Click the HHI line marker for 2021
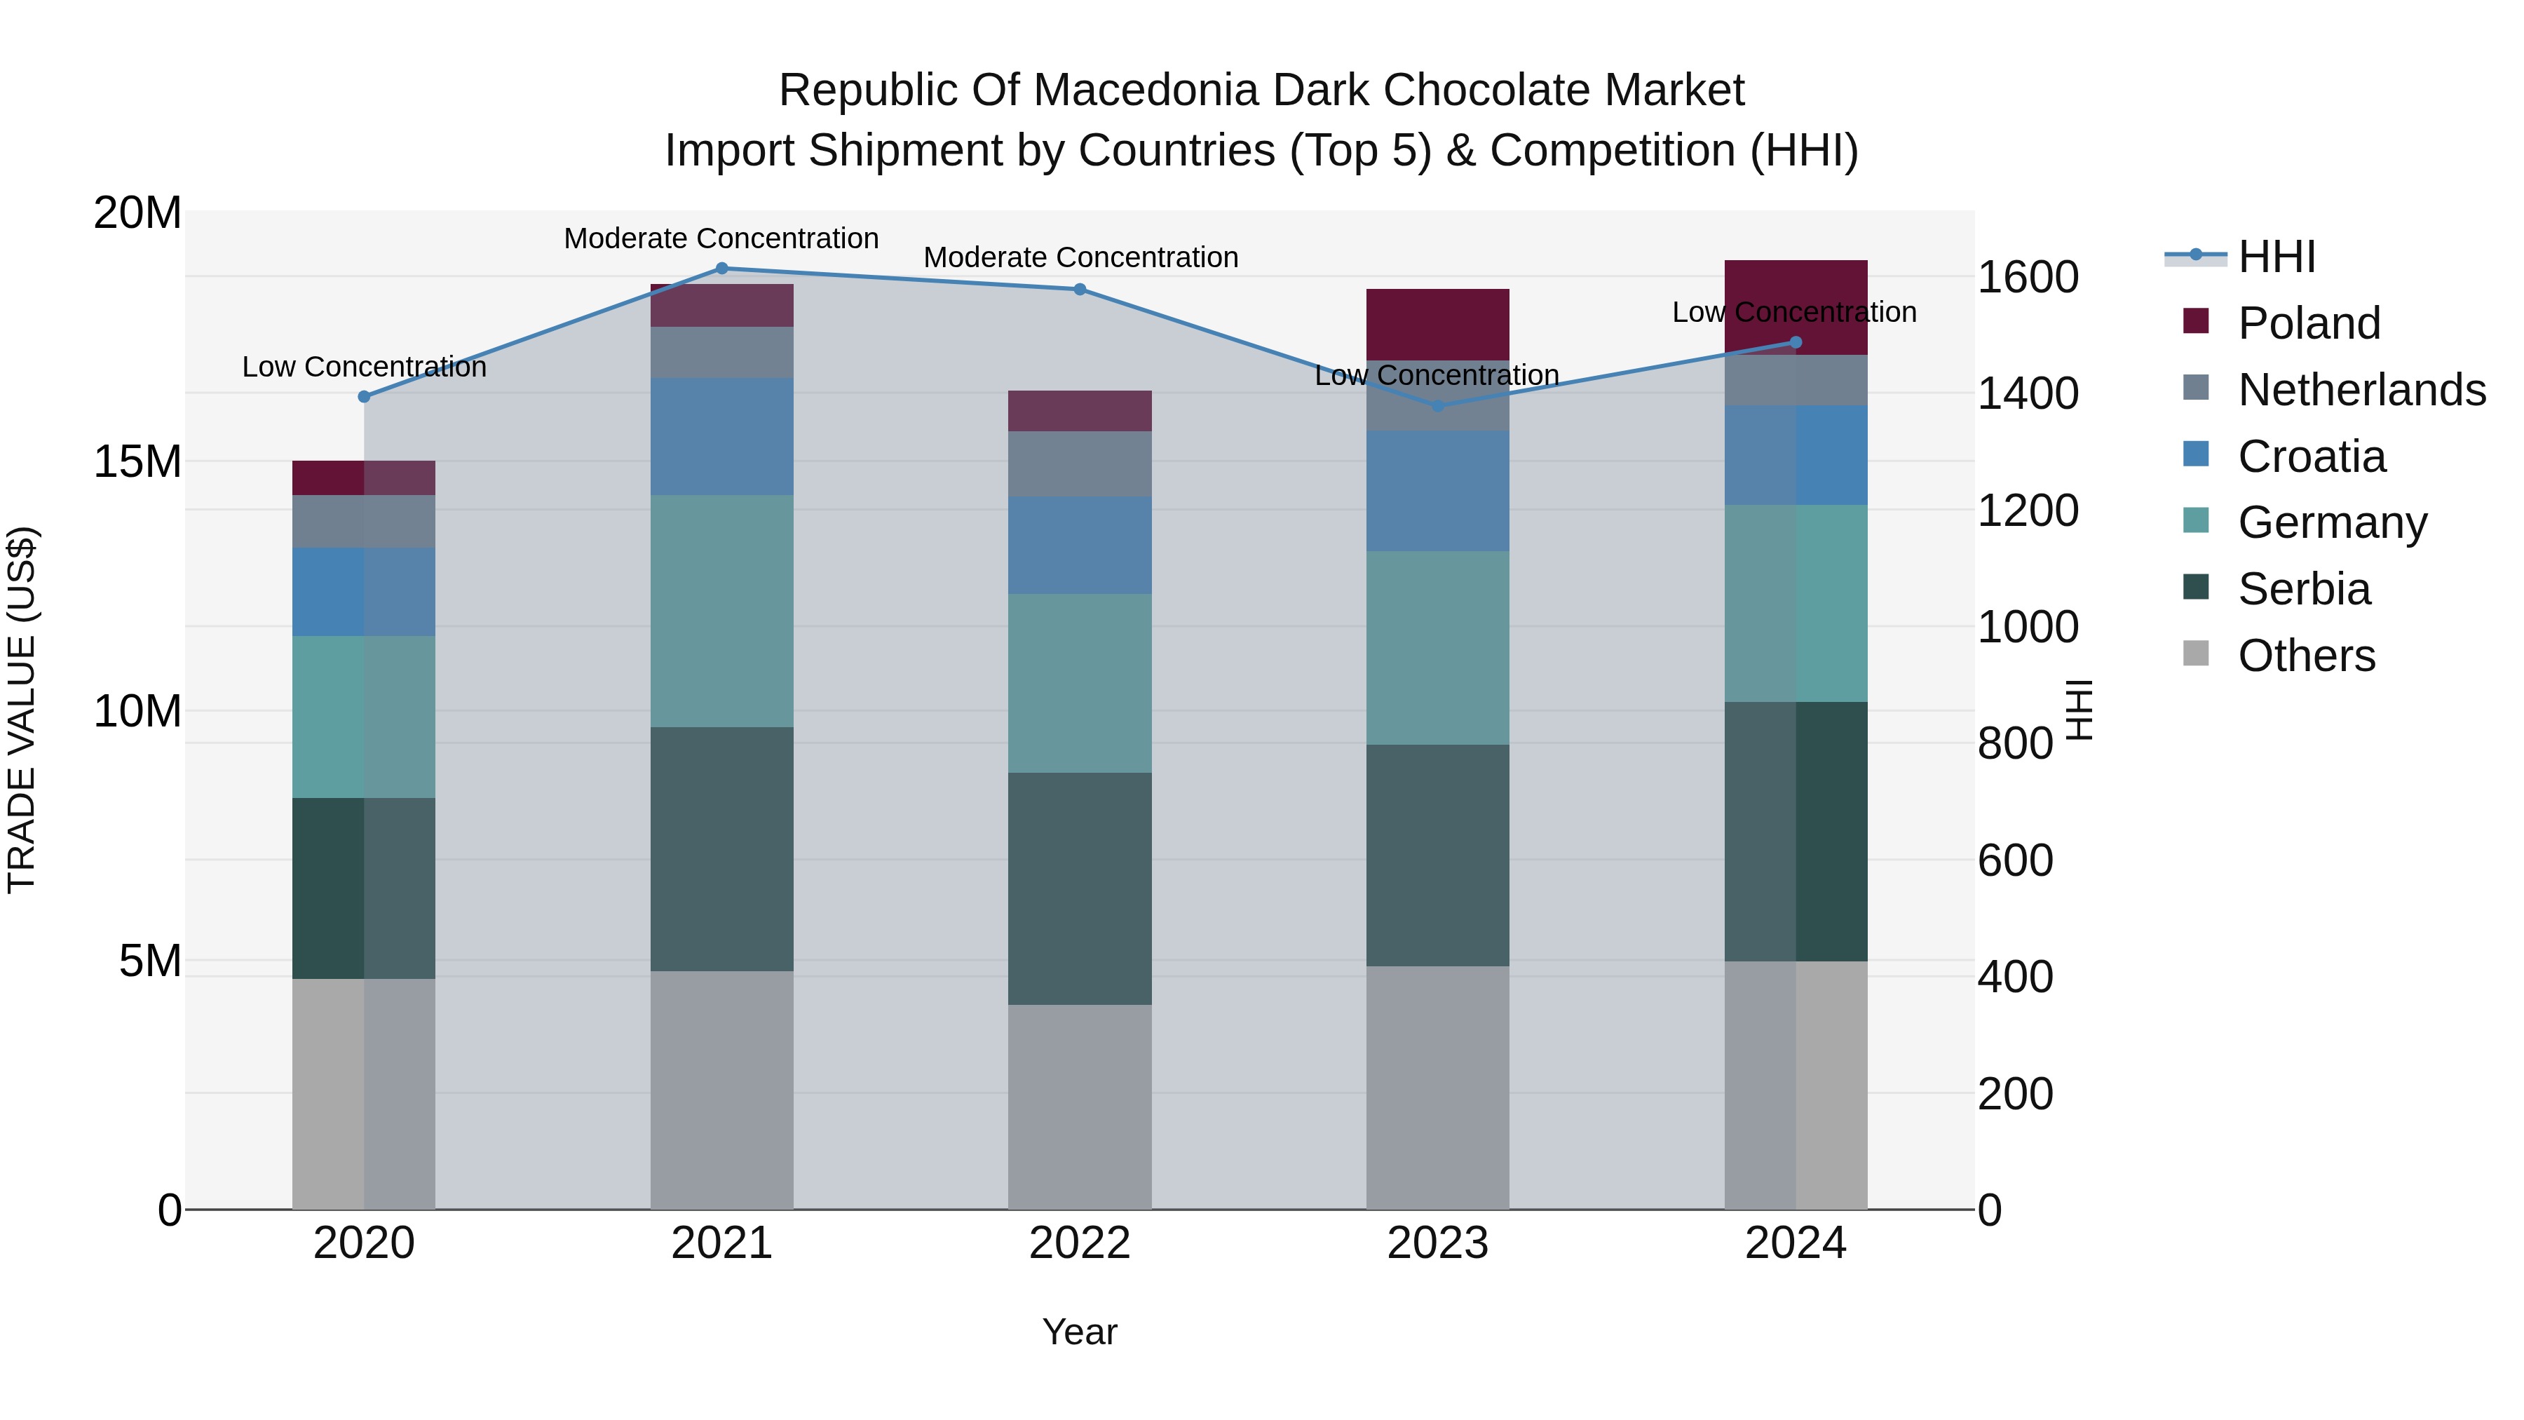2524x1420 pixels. coord(722,269)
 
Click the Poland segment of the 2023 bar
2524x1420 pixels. coord(1437,325)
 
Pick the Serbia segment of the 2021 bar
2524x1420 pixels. coord(722,848)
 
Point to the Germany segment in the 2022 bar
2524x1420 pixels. coord(1080,683)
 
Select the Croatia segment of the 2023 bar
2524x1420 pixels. coord(1437,491)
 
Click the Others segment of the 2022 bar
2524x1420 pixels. coord(1080,1107)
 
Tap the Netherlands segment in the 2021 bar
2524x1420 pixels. coord(722,353)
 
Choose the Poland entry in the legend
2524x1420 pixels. coord(2309,323)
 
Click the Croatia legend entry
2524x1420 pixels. coord(2312,457)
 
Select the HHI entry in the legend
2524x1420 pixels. coord(2276,257)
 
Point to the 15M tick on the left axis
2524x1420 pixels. coord(137,461)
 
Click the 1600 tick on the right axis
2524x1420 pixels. coord(2027,277)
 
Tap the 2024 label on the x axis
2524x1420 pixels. coord(1795,1243)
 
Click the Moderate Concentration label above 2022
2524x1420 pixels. coord(1080,258)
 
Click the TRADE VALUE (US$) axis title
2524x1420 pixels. coord(22,710)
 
